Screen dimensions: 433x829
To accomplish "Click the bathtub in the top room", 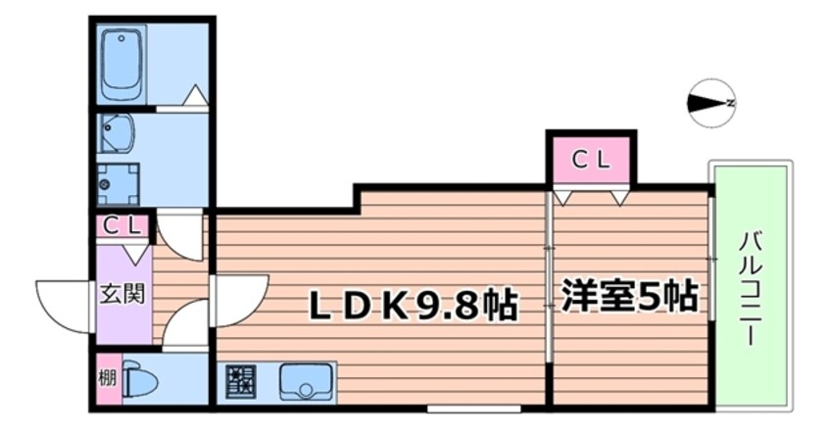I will coord(123,65).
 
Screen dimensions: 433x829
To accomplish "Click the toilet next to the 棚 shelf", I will coord(138,382).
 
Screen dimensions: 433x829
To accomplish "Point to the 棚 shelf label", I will coord(106,381).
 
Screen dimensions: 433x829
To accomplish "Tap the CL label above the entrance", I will coord(124,225).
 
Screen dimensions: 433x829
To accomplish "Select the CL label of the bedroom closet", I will coord(591,160).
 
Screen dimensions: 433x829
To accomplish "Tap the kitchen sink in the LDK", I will coord(307,381).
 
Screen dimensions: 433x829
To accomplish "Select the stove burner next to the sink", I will coord(240,381).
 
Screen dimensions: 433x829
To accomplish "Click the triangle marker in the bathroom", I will coord(196,96).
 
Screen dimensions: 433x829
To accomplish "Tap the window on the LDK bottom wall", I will coord(473,406).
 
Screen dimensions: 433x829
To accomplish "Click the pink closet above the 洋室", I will coord(591,160).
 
